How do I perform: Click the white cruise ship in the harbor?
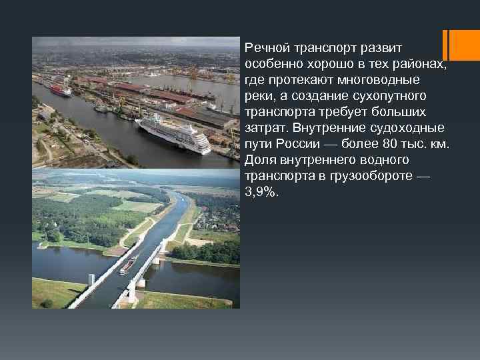pyautogui.click(x=173, y=133)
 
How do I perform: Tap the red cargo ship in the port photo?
pyautogui.click(x=61, y=90)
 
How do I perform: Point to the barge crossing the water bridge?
pyautogui.click(x=128, y=266)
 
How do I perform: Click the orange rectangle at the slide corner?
pyautogui.click(x=460, y=45)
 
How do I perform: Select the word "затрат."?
pyautogui.click(x=267, y=128)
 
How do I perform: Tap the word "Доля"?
pyautogui.click(x=259, y=160)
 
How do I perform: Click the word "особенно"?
pyautogui.click(x=272, y=64)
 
